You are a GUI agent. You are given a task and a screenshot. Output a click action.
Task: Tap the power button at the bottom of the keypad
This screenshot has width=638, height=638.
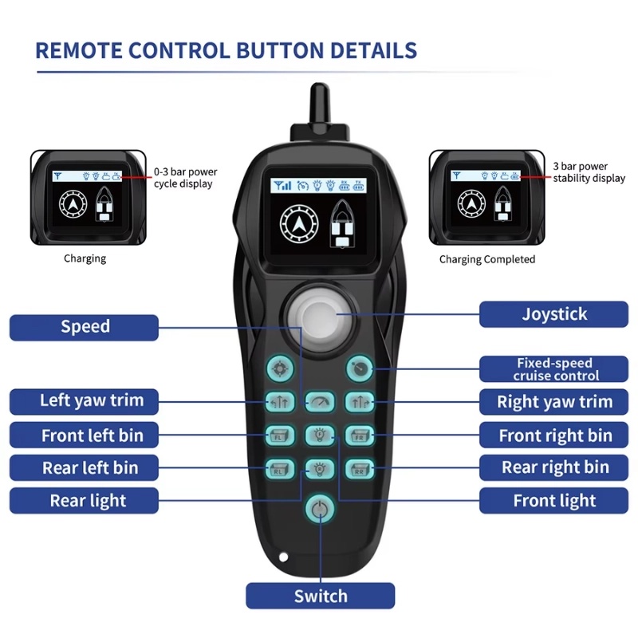coord(321,509)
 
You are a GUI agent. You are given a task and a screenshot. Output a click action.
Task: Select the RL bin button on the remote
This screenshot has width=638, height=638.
coord(280,469)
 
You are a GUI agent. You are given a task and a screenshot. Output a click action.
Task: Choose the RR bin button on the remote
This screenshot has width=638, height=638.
coord(360,469)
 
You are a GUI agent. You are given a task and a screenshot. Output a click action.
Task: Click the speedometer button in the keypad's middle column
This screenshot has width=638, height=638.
coord(320,402)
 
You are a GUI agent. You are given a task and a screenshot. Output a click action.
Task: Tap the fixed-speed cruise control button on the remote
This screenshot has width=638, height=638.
coord(360,368)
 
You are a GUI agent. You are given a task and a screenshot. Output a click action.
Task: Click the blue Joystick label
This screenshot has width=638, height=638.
coord(553,314)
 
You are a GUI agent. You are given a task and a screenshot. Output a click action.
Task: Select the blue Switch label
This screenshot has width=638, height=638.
coord(321,596)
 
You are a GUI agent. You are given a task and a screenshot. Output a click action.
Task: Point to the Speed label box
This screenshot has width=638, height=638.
coord(84,327)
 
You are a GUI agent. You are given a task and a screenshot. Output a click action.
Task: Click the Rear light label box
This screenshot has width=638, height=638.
coord(84,501)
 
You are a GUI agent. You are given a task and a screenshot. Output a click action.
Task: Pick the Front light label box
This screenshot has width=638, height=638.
coord(553,501)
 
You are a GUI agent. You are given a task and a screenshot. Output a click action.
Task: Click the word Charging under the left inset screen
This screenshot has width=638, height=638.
coord(85,258)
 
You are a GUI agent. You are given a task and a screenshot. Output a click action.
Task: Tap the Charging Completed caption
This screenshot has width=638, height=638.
coord(487,260)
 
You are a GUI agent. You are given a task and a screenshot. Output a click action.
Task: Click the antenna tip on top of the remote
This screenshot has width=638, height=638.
coord(320,86)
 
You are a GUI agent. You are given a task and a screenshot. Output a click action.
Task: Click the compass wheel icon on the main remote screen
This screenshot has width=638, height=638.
coord(299,223)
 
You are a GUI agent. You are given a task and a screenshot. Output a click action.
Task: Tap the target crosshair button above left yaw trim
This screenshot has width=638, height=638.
coord(280,368)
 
